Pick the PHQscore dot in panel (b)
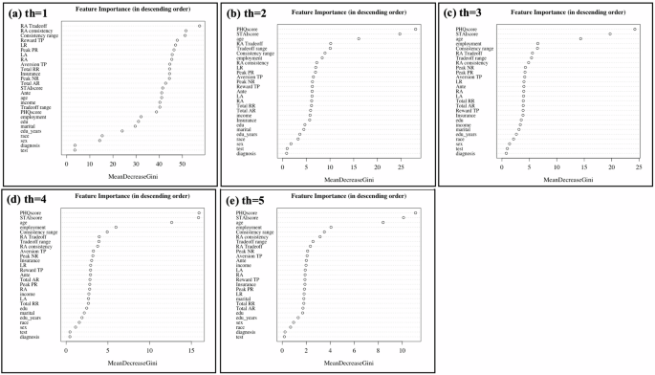tap(416, 29)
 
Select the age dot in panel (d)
tap(172, 222)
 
